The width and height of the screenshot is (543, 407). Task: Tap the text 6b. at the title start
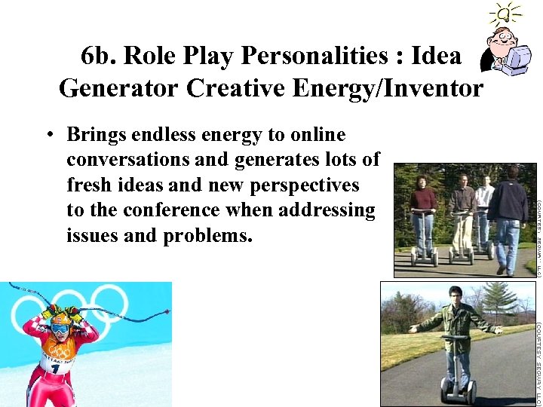[x=98, y=55]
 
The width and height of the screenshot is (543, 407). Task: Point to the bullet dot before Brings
[x=48, y=136]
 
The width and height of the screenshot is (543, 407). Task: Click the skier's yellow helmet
[x=60, y=317]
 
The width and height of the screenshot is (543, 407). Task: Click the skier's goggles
[x=60, y=329]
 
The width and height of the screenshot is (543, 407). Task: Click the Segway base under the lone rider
[x=459, y=391]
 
